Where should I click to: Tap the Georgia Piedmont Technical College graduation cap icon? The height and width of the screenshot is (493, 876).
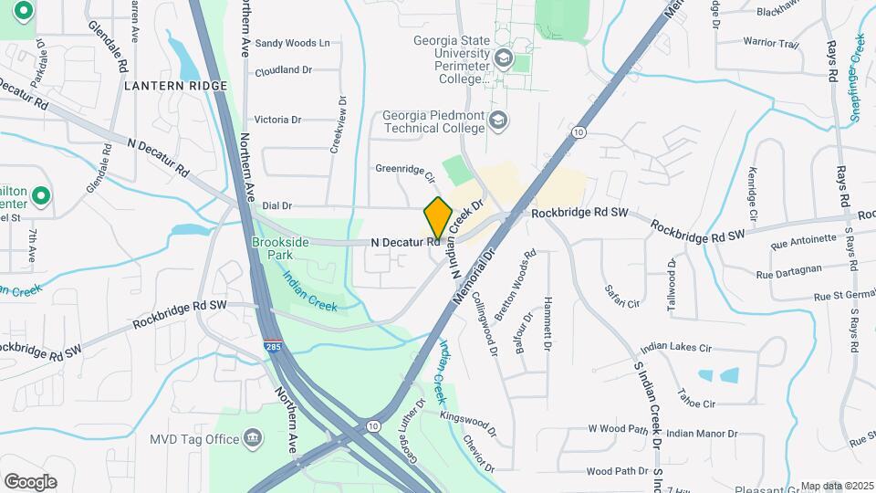point(498,120)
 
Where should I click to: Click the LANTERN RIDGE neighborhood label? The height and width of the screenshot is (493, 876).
point(175,86)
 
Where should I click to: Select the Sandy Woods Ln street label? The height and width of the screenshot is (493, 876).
point(292,43)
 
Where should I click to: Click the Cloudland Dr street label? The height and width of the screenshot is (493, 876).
point(284,70)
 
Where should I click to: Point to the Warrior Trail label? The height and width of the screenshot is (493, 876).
point(770,43)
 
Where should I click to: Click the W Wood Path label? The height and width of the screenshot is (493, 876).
point(618,427)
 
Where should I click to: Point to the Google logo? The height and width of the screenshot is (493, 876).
point(30,482)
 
